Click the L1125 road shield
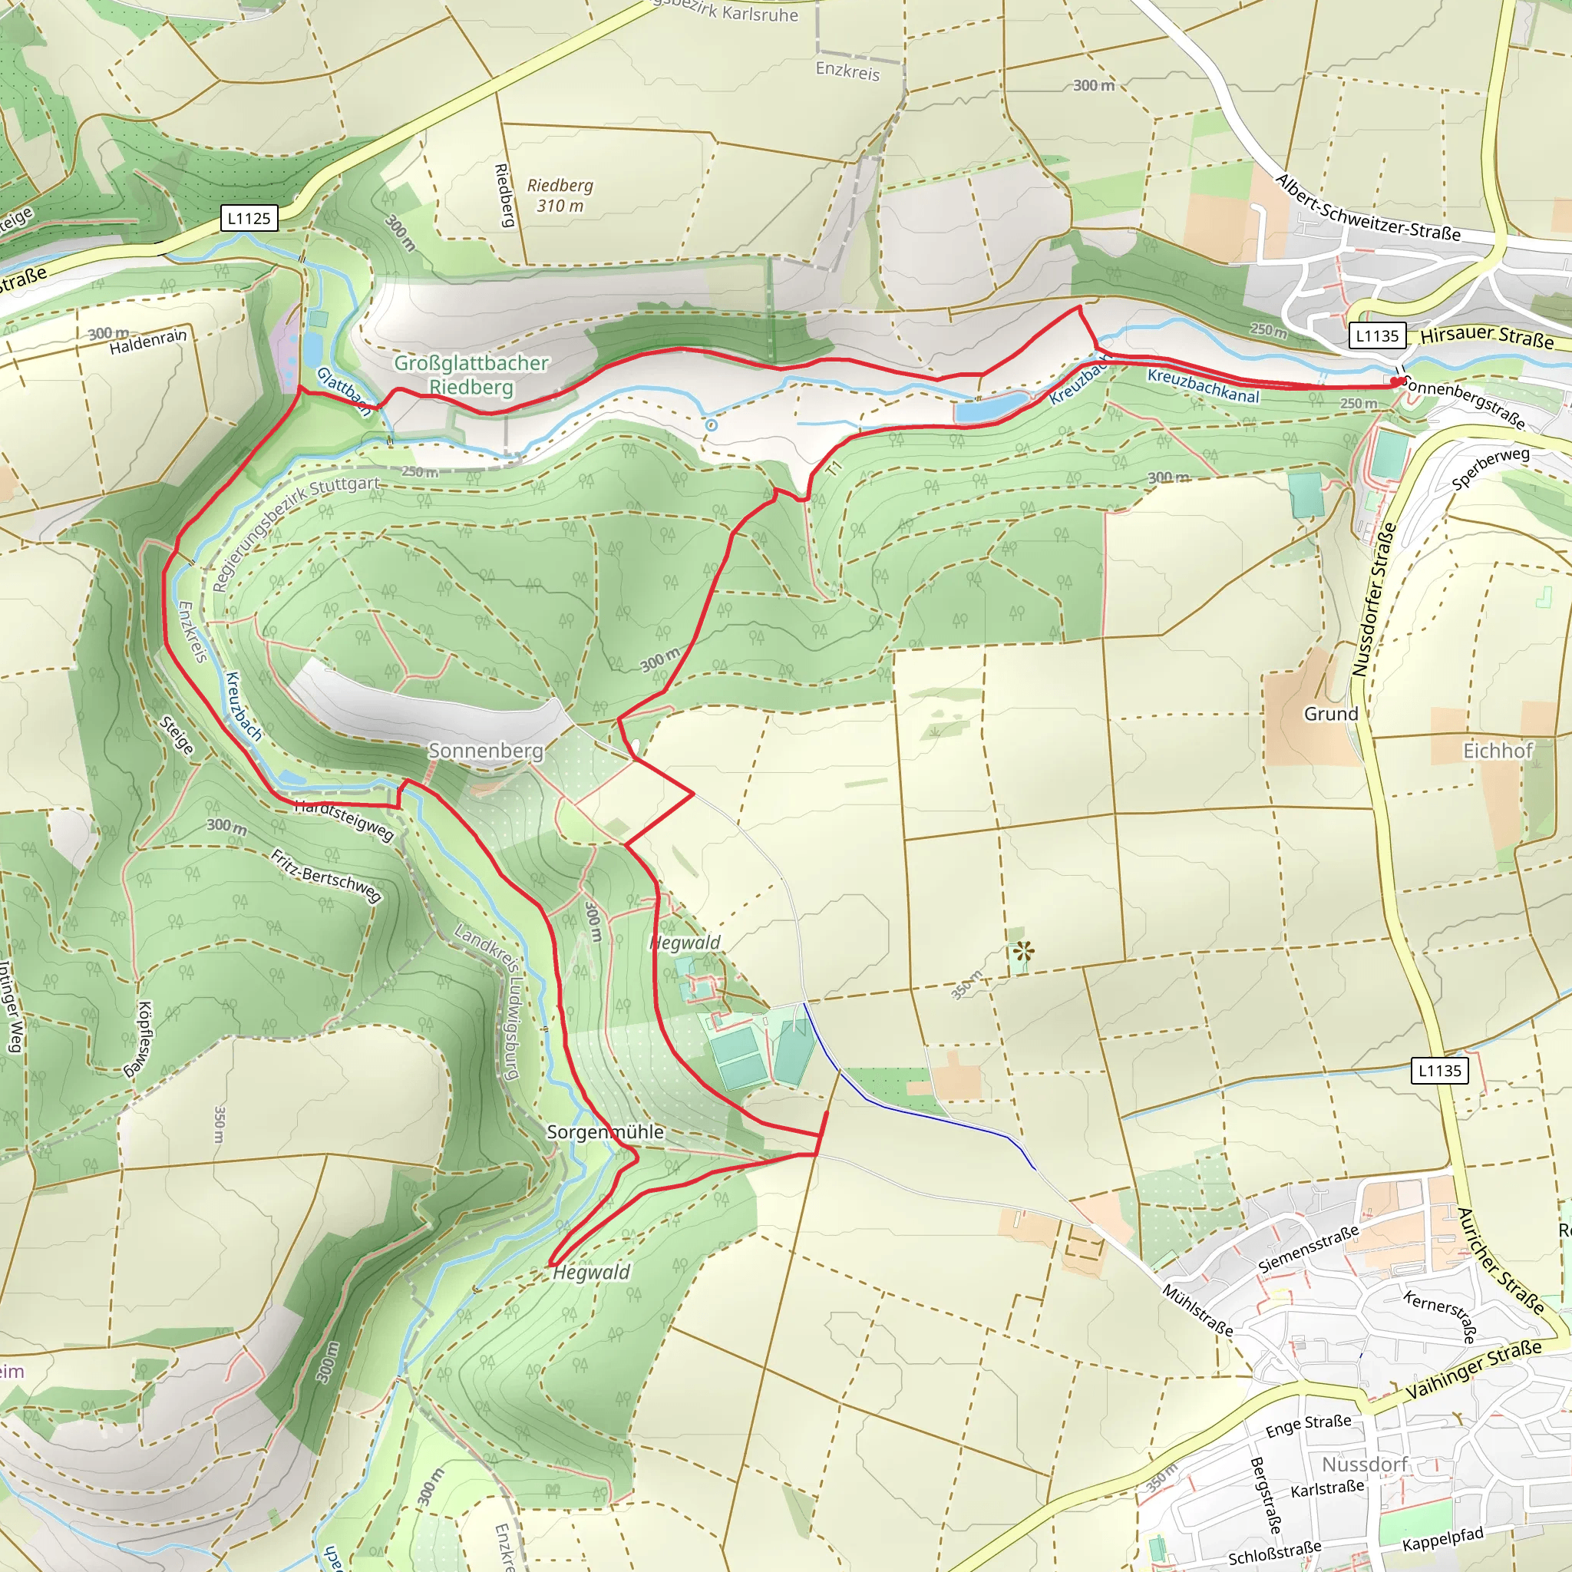249,218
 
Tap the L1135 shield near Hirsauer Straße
1377,335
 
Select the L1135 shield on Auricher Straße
1439,1070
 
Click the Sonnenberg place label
486,750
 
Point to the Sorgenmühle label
605,1132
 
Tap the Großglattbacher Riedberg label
471,375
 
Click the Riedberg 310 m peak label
560,195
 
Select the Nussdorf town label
1365,1465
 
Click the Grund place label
1331,714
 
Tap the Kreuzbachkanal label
1203,385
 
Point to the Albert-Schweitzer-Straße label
1367,209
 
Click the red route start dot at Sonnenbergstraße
1395,381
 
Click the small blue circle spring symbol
711,424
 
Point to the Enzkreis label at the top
847,71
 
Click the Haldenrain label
148,342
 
